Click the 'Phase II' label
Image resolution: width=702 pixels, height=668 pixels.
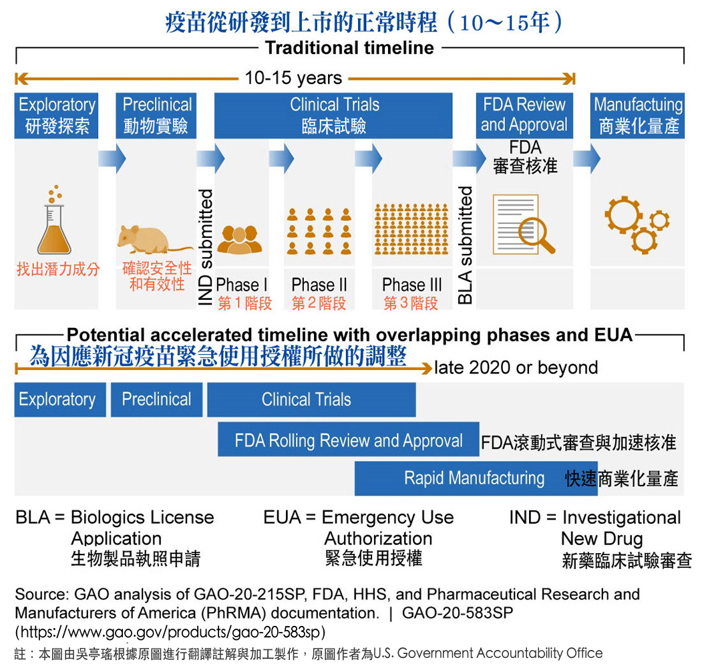pyautogui.click(x=319, y=285)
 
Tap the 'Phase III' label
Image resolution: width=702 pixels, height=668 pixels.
pyautogui.click(x=411, y=285)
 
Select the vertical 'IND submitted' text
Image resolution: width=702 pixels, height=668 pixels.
pyautogui.click(x=206, y=247)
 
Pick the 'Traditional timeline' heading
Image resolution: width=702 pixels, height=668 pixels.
pyautogui.click(x=349, y=48)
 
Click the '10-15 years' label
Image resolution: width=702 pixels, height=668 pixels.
pyautogui.click(x=293, y=78)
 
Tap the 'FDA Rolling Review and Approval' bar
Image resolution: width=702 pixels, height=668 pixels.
pyautogui.click(x=348, y=441)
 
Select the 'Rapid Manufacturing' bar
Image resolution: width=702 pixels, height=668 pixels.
pyautogui.click(x=474, y=478)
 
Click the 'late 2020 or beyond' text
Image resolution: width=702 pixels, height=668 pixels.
pyautogui.click(x=516, y=367)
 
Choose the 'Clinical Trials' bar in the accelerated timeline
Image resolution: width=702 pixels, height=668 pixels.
pyautogui.click(x=311, y=400)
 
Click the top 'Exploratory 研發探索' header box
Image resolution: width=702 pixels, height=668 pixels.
pyautogui.click(x=57, y=116)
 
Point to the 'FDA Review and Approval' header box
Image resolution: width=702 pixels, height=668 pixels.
pyautogui.click(x=524, y=116)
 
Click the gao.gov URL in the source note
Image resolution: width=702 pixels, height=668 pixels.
pyautogui.click(x=170, y=632)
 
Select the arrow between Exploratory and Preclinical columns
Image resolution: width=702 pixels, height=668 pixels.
pyautogui.click(x=111, y=159)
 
